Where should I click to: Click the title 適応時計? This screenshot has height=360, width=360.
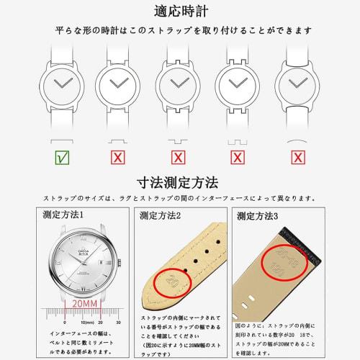(179, 11)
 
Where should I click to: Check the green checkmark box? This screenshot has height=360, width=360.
(63, 156)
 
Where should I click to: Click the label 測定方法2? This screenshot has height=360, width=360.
(160, 215)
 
